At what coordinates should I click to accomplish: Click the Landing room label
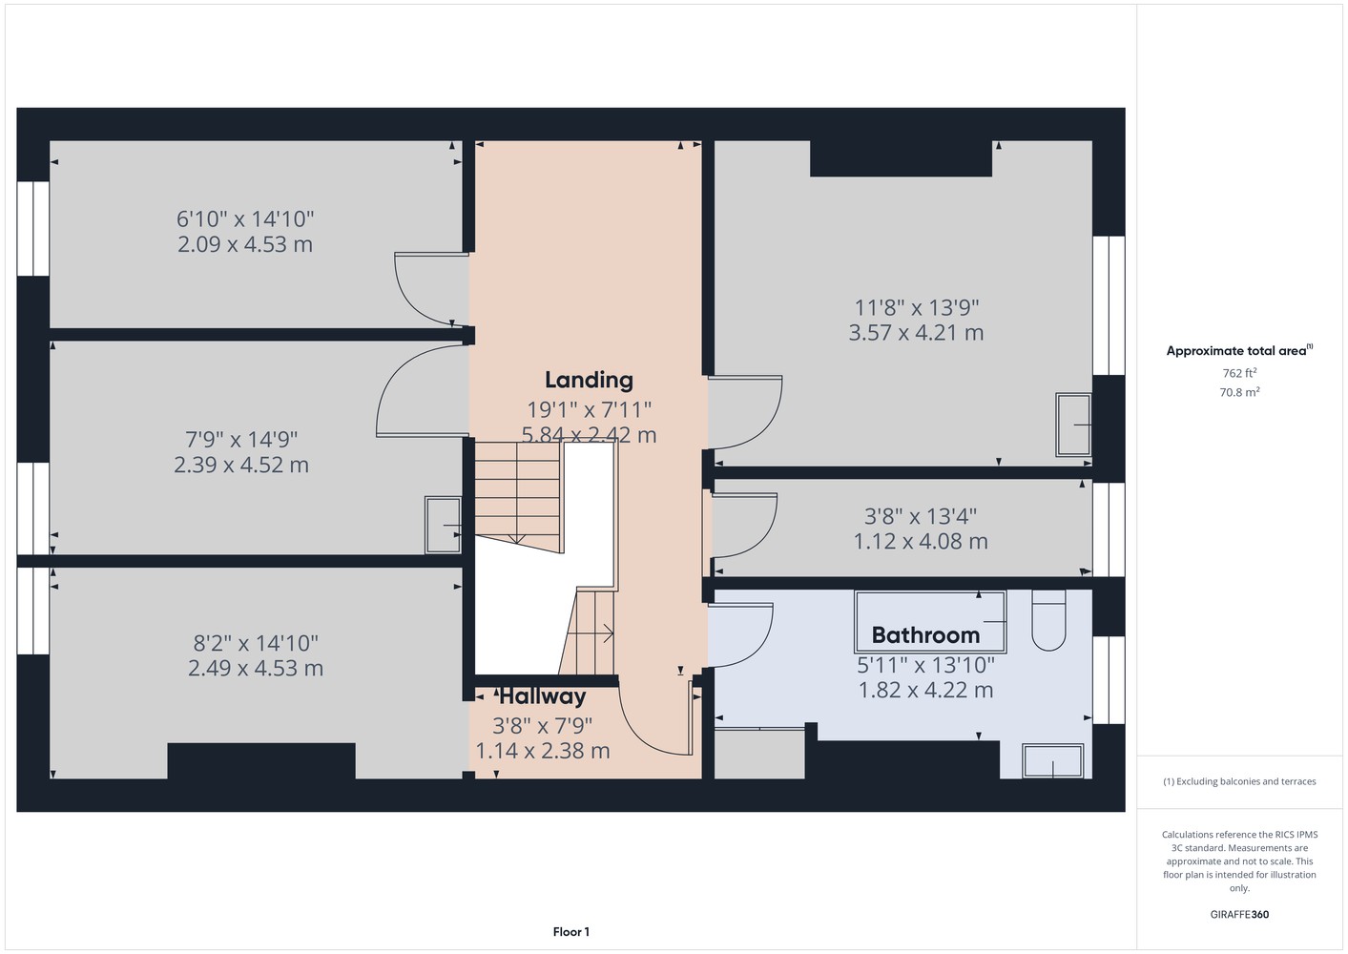pos(589,381)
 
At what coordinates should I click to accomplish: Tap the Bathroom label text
pos(925,635)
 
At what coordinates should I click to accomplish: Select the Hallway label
pos(542,696)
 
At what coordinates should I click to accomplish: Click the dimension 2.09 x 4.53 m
pos(245,245)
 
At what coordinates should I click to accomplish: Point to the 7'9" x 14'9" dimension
pos(241,440)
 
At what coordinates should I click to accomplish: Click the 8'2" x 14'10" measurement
pos(255,643)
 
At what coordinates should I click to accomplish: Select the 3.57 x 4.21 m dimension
pos(916,333)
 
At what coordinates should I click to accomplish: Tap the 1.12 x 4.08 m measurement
pos(921,542)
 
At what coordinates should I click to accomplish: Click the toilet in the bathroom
pos(1048,620)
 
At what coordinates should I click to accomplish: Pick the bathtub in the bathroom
pos(930,622)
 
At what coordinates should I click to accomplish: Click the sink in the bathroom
pos(1053,761)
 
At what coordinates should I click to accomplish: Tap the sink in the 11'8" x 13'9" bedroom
pos(1073,425)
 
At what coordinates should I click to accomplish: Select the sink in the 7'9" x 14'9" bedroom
pos(443,525)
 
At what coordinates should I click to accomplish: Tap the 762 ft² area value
pos(1239,373)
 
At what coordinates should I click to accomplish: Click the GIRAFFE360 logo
pos(1239,914)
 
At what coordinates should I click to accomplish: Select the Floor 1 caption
pos(571,932)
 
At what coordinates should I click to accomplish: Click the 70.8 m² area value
pos(1239,392)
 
